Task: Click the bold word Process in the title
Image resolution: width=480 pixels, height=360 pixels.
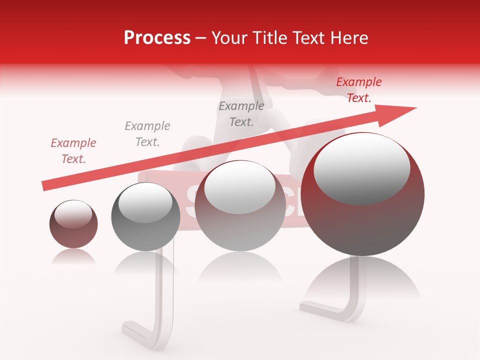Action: tap(157, 38)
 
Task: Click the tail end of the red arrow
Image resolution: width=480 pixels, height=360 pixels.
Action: tap(45, 186)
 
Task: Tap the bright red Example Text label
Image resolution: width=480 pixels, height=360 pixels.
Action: tap(358, 90)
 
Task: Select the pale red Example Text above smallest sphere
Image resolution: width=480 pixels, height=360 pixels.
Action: tap(73, 151)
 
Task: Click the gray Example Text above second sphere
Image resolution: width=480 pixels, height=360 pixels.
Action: tap(147, 134)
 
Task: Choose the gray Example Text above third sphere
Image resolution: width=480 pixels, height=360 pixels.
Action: tap(241, 114)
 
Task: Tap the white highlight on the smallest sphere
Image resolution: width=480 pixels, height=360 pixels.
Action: tap(73, 214)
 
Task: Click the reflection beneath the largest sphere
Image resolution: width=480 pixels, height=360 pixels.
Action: tap(362, 280)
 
